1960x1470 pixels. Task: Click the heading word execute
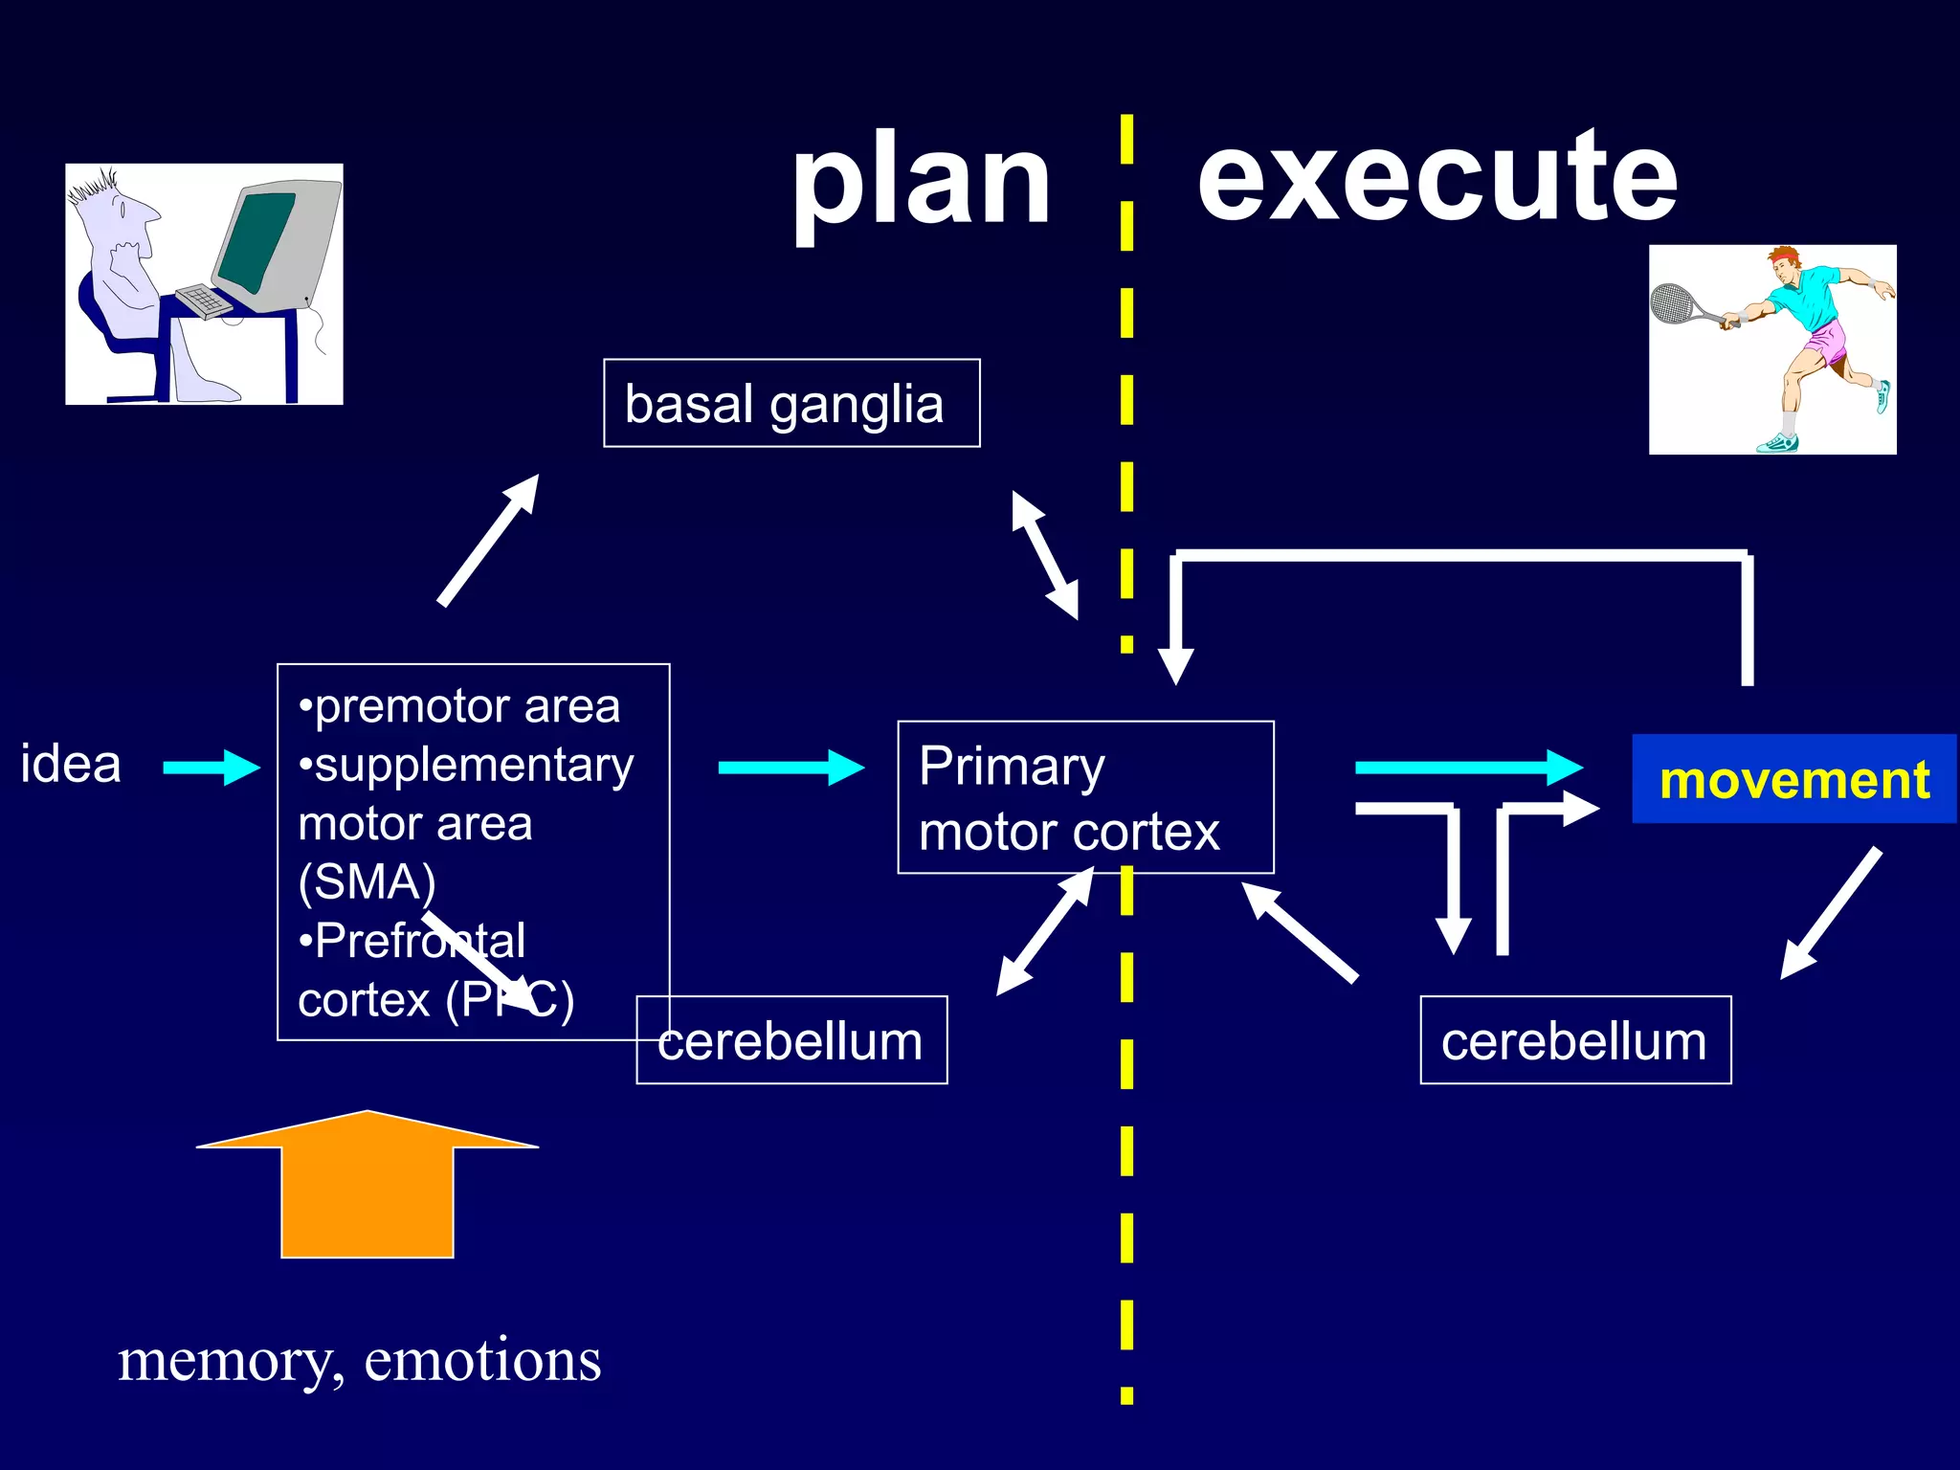1437,177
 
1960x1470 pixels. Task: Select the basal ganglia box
791,403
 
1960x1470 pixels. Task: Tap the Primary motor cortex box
1084,797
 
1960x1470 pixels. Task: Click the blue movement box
1793,779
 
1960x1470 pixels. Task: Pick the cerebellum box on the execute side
1574,1040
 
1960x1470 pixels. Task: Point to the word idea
71,764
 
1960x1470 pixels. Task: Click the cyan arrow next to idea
211,767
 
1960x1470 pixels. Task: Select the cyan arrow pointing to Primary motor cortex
791,767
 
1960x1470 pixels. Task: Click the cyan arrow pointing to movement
1467,767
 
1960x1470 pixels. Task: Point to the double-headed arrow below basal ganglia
1045,555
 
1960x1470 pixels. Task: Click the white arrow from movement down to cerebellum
1830,914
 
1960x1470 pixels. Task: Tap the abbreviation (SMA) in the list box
367,881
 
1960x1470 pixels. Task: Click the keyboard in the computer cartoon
204,301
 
